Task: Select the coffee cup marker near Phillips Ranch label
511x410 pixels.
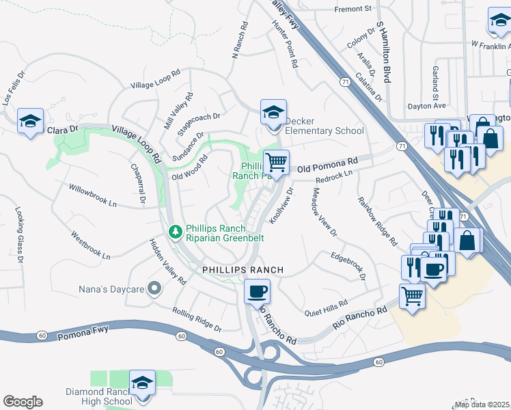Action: click(257, 292)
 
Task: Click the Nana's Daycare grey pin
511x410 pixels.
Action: click(154, 289)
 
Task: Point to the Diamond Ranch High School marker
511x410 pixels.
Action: click(142, 383)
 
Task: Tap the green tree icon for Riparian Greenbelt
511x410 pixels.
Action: click(176, 232)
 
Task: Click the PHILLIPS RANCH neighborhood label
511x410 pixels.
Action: click(243, 270)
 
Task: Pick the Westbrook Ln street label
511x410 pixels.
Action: click(90, 245)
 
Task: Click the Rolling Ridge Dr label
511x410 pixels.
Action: click(197, 318)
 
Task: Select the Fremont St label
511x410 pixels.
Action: click(353, 9)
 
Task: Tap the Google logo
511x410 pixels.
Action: click(23, 402)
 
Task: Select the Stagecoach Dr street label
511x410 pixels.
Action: click(199, 121)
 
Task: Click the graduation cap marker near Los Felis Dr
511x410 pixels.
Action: click(30, 122)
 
